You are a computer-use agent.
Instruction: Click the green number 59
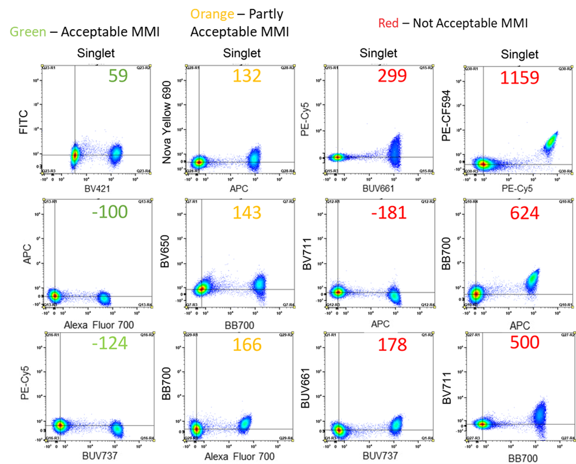click(x=118, y=76)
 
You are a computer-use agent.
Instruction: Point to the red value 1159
click(x=519, y=78)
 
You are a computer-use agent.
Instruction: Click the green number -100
click(x=109, y=212)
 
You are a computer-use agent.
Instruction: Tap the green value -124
click(x=109, y=344)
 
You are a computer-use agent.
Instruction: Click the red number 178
click(x=392, y=345)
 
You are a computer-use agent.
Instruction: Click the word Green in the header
click(x=29, y=32)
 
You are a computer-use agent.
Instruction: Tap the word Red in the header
click(x=388, y=23)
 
